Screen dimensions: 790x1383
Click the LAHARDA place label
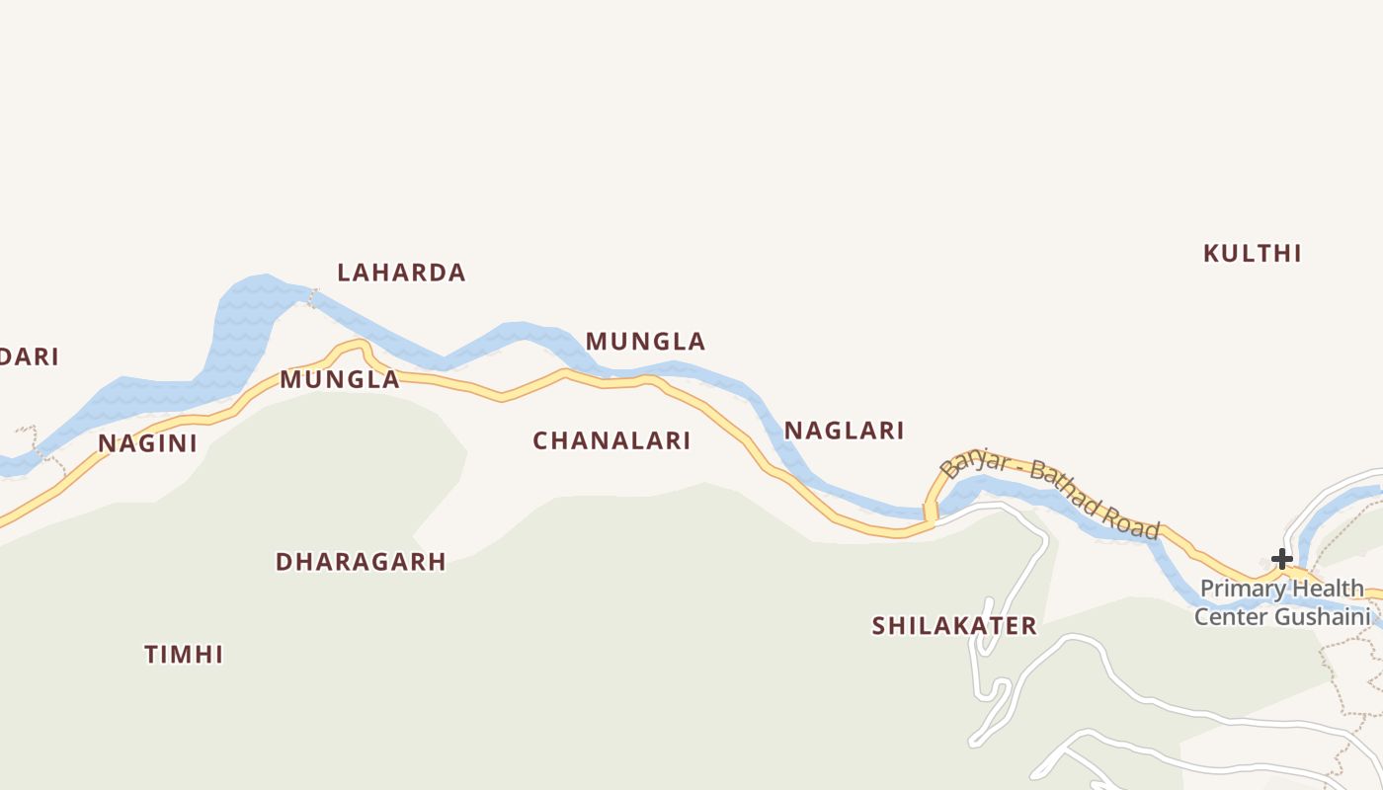(x=401, y=273)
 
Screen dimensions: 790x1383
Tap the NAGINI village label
(x=147, y=443)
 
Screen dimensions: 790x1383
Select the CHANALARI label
(x=611, y=441)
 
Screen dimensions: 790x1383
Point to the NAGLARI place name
(x=844, y=431)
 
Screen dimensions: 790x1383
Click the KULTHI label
(x=1252, y=254)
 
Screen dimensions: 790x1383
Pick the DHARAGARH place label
(x=361, y=562)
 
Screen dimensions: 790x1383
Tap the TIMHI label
(x=184, y=655)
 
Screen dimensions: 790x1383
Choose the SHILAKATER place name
(x=954, y=625)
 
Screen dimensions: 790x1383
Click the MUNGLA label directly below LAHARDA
(x=340, y=379)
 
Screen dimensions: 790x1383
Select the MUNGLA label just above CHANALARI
(x=645, y=342)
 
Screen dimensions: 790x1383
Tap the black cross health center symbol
(x=1281, y=559)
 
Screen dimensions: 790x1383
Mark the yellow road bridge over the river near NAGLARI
(x=930, y=512)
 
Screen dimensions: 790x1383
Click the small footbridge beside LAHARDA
(x=313, y=297)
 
